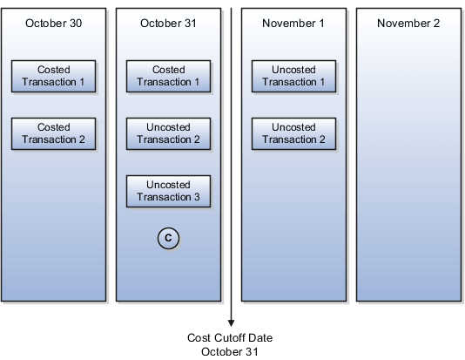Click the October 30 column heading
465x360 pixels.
coord(54,23)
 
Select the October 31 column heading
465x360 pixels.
coord(168,23)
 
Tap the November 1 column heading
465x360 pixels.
coord(293,23)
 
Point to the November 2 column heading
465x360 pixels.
coord(408,23)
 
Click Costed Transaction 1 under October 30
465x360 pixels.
coord(54,75)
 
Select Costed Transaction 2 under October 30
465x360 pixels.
coord(54,133)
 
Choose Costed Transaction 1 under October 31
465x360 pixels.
coord(168,75)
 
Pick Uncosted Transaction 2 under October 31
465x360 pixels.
coord(168,133)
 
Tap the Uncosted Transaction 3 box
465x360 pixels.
coord(168,191)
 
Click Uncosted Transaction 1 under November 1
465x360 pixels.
coord(293,75)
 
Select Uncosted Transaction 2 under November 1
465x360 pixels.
coord(293,133)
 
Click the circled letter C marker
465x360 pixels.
coord(168,236)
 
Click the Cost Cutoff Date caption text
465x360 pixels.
coord(231,337)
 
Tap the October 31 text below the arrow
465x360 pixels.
coord(231,350)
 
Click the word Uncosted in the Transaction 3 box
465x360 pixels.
coord(168,185)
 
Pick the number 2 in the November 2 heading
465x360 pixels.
coord(436,23)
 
